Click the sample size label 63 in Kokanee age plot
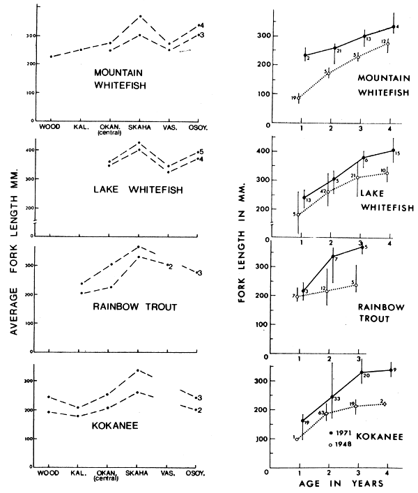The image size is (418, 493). pos(322,414)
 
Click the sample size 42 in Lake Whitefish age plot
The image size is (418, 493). pos(323,191)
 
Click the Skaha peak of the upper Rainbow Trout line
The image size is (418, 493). pos(139,246)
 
